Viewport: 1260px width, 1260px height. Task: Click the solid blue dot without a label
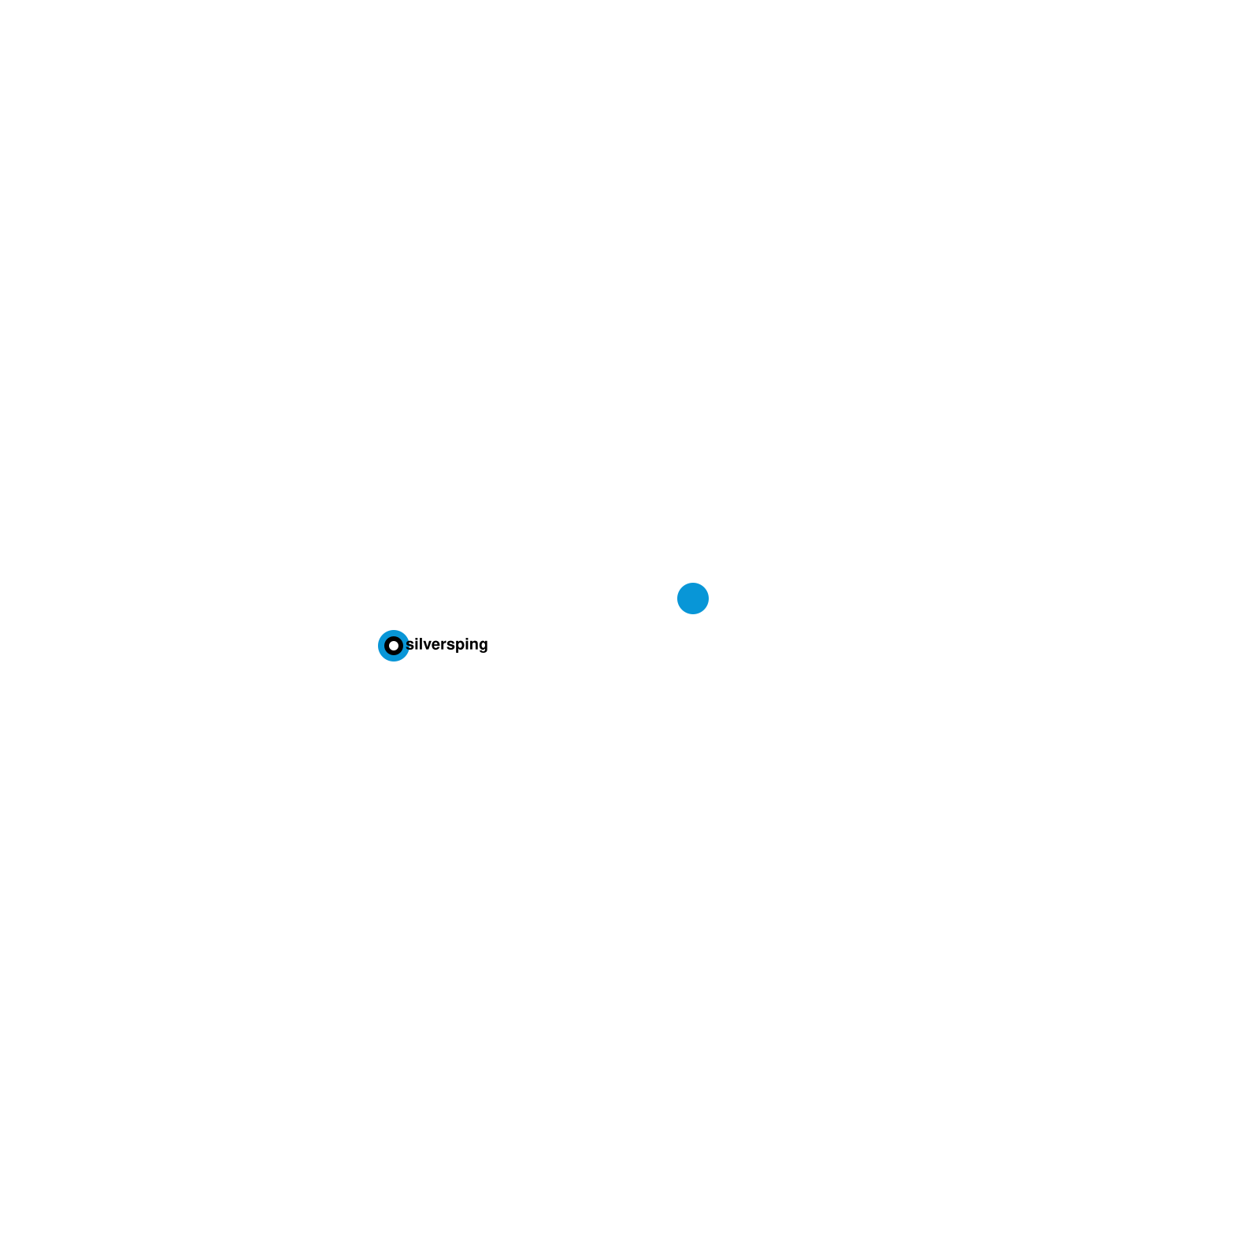[x=693, y=598]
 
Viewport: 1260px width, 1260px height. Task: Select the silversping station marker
[x=394, y=646]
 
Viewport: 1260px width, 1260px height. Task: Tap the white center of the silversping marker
[x=394, y=646]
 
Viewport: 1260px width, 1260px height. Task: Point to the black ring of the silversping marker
[x=387, y=646]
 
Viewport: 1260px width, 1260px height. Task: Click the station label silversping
[x=447, y=645]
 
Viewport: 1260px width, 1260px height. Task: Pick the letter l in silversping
[x=421, y=644]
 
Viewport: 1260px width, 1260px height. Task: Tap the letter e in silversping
[x=436, y=646]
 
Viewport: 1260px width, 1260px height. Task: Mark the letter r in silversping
[x=443, y=646]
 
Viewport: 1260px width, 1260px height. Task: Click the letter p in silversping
[x=459, y=646]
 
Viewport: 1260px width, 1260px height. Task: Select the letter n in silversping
[x=472, y=646]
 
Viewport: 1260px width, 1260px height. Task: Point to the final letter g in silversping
[x=482, y=646]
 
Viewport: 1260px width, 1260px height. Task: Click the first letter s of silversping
[x=409, y=646]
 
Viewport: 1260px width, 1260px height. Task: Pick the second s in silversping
[x=450, y=646]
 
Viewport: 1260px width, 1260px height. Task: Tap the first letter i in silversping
[x=416, y=645]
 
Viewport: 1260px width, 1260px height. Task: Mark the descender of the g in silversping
[x=482, y=651]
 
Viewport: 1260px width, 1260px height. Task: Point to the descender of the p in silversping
[x=457, y=651]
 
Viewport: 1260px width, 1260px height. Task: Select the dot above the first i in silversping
[x=416, y=639]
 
